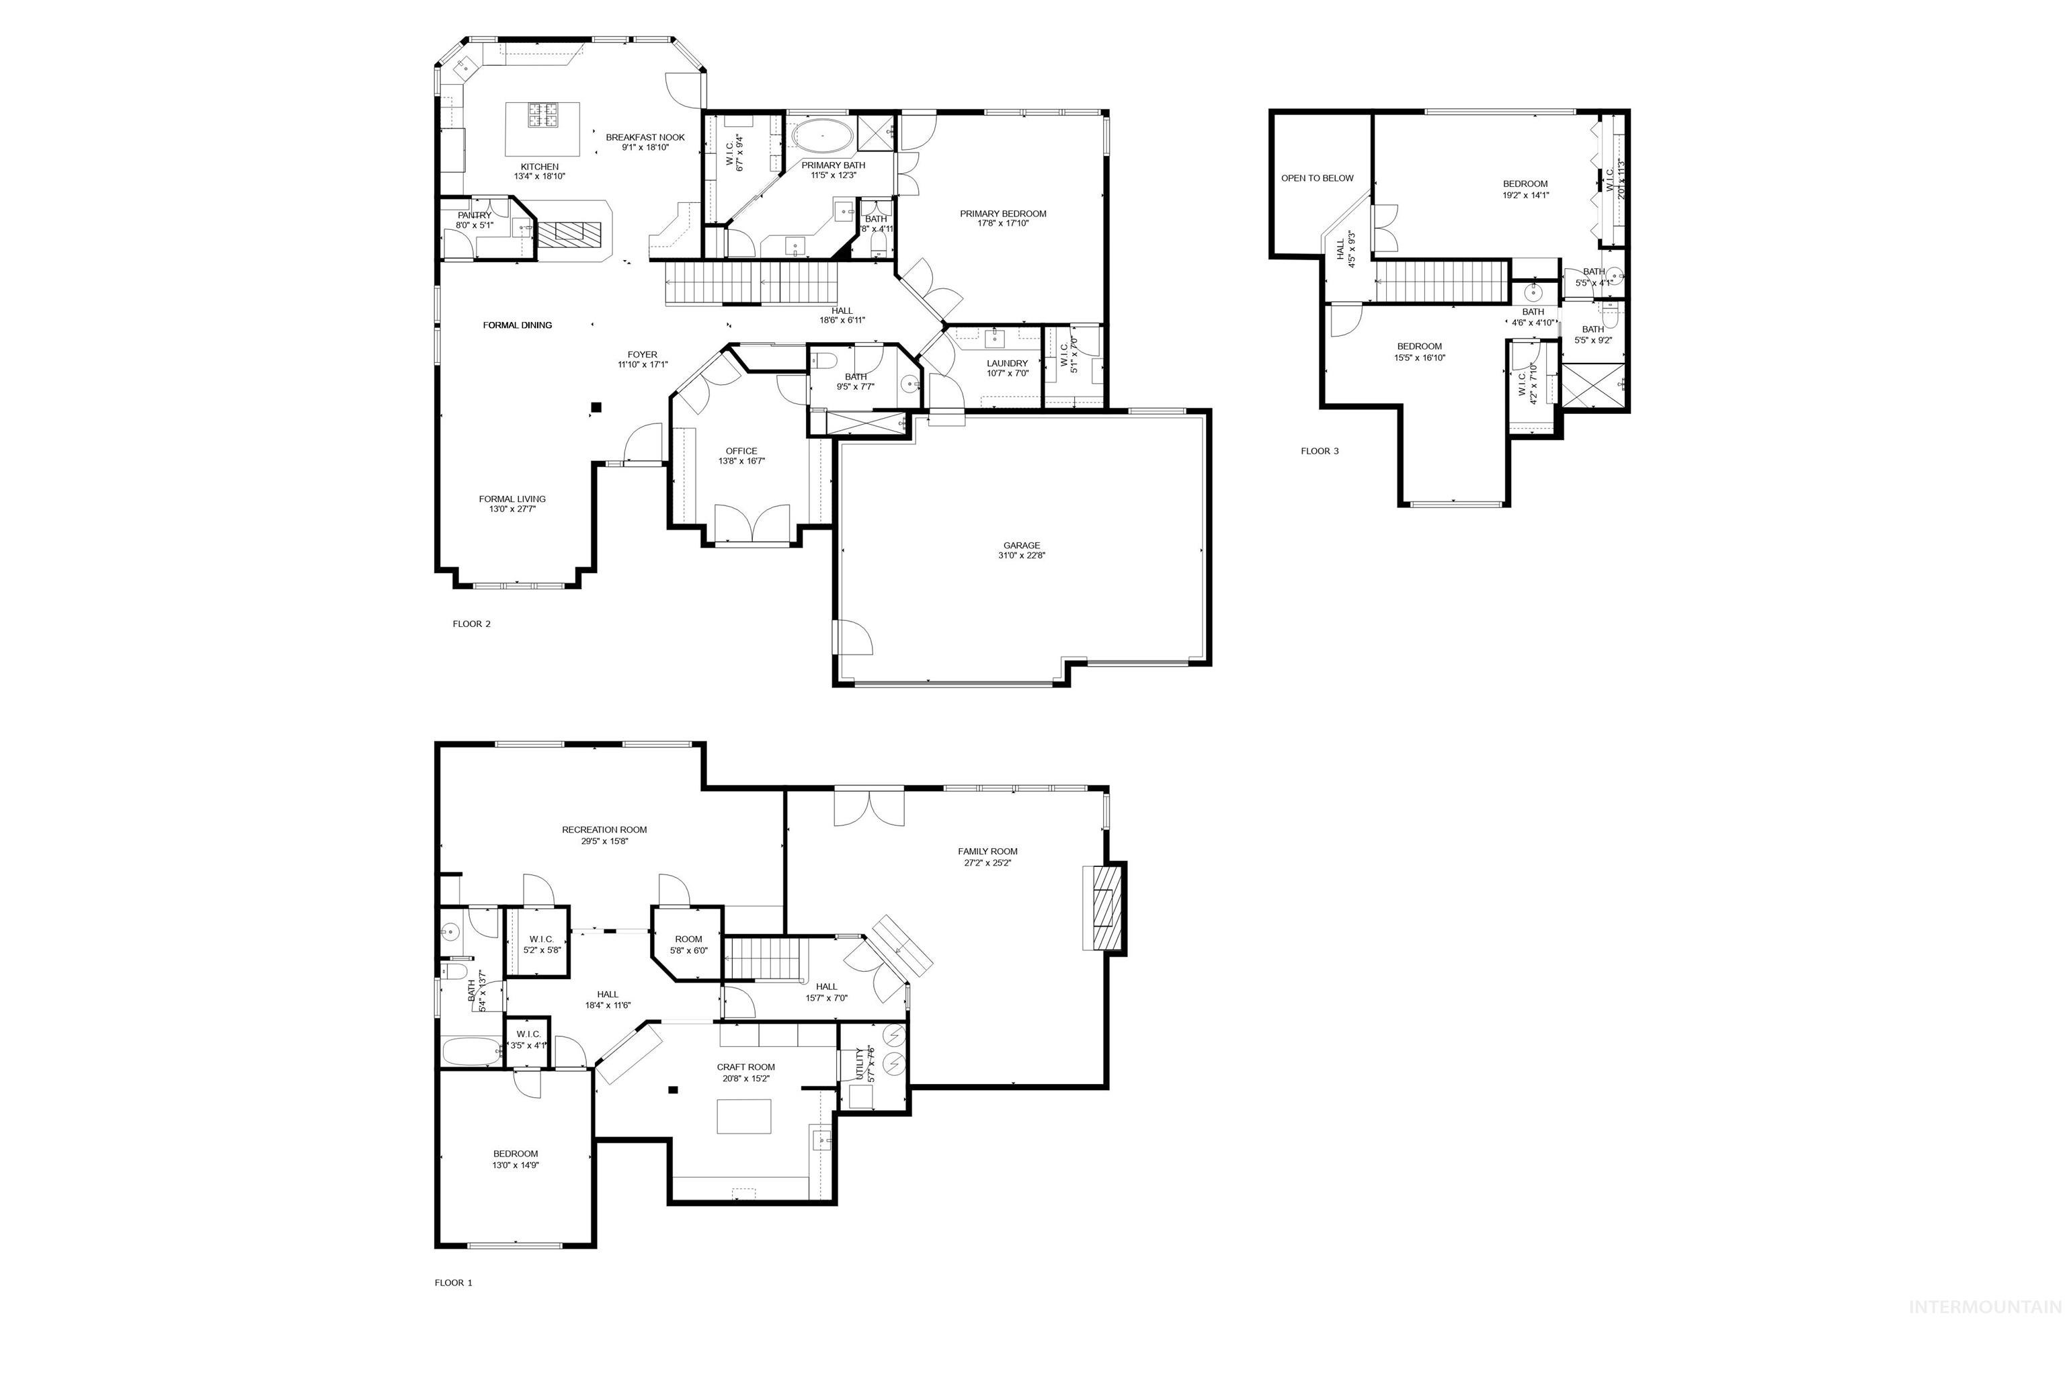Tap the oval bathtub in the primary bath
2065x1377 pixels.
tap(822, 137)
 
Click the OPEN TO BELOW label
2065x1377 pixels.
tap(1317, 178)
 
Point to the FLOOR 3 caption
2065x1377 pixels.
tap(1320, 452)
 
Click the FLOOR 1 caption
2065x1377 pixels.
tap(453, 1283)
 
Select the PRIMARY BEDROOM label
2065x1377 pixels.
tap(1002, 214)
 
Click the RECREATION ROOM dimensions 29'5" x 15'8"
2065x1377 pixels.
tap(604, 841)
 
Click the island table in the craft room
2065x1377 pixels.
tap(744, 1117)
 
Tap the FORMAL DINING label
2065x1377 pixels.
tap(518, 325)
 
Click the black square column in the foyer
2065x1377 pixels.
tap(596, 407)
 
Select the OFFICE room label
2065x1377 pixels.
tap(741, 452)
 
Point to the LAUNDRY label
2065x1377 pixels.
tap(1006, 363)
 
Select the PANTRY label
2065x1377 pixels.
tap(475, 215)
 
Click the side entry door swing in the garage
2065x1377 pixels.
tap(854, 636)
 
